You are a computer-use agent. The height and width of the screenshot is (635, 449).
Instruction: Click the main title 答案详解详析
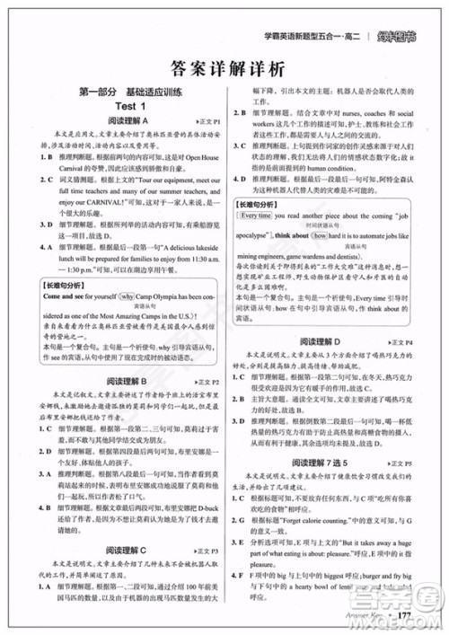pyautogui.click(x=224, y=67)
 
